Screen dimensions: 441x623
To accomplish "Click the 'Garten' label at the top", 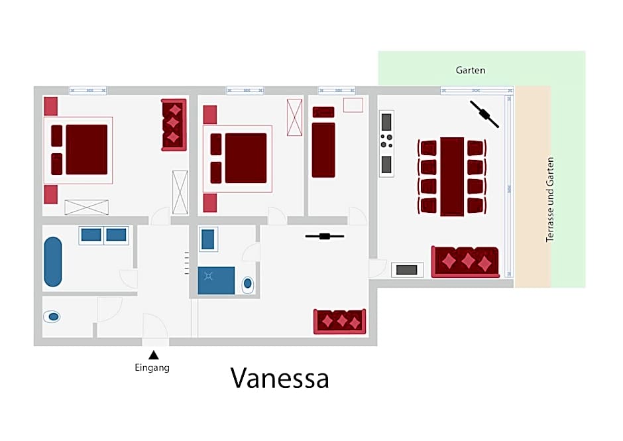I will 471,70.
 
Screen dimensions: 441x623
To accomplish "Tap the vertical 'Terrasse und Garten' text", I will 549,199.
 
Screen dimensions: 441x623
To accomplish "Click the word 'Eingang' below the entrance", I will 152,368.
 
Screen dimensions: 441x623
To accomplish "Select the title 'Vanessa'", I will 280,379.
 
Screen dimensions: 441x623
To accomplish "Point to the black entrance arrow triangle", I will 153,355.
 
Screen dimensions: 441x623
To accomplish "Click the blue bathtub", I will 53,262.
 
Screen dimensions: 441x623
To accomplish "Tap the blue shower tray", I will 216,280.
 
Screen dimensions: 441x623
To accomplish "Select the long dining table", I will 452,176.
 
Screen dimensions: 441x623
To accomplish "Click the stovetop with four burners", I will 386,141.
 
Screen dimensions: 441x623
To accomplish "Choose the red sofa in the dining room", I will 465,261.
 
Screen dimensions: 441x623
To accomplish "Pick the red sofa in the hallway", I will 339,321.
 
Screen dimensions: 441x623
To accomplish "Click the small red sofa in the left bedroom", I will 174,125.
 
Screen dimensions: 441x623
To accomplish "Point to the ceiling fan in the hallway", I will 324,235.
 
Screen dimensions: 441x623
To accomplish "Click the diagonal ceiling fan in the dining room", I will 484,113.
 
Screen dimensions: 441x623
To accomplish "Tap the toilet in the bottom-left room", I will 53,317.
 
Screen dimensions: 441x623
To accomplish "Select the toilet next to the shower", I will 248,284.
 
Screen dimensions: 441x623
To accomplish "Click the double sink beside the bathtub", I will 103,235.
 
